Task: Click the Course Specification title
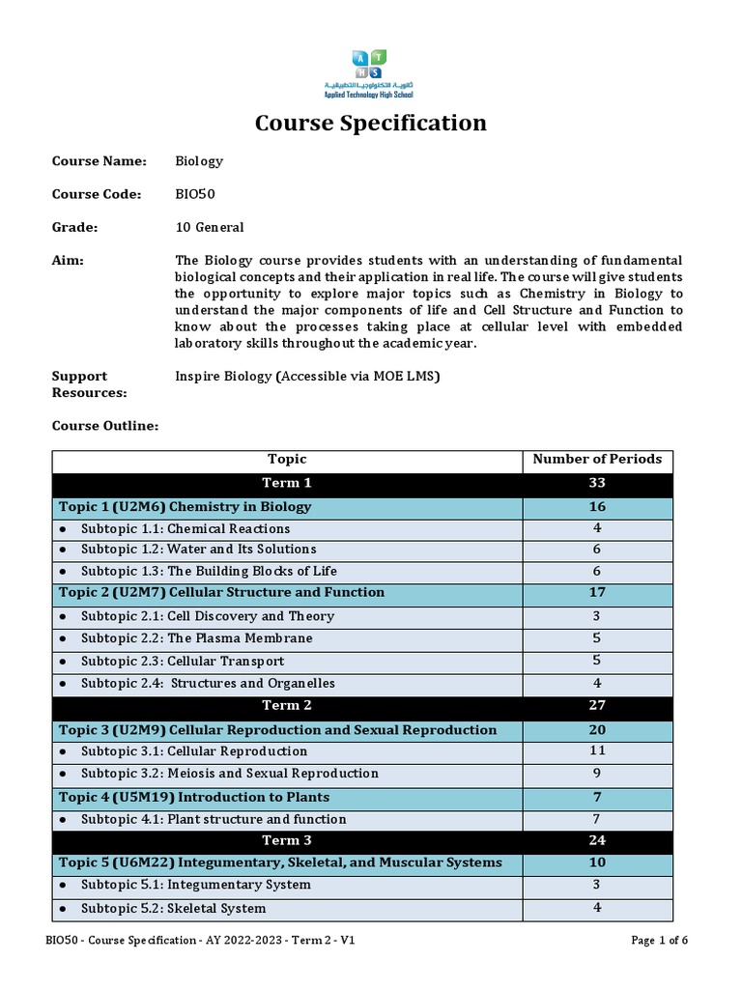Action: click(370, 124)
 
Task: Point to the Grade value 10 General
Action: click(209, 228)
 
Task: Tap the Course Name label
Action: click(99, 161)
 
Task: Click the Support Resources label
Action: click(89, 384)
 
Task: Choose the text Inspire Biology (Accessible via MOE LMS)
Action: click(307, 377)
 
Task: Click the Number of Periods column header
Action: click(597, 460)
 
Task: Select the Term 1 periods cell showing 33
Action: click(597, 483)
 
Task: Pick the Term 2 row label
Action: click(287, 706)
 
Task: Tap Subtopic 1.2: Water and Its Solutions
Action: click(200, 550)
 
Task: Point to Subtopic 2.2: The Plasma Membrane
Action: click(197, 638)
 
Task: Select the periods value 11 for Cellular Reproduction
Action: click(597, 751)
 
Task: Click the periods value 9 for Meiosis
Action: click(597, 774)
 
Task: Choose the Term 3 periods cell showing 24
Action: click(597, 840)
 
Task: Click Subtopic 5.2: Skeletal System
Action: click(173, 909)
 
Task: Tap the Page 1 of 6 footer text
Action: click(660, 941)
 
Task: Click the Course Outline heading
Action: click(105, 426)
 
